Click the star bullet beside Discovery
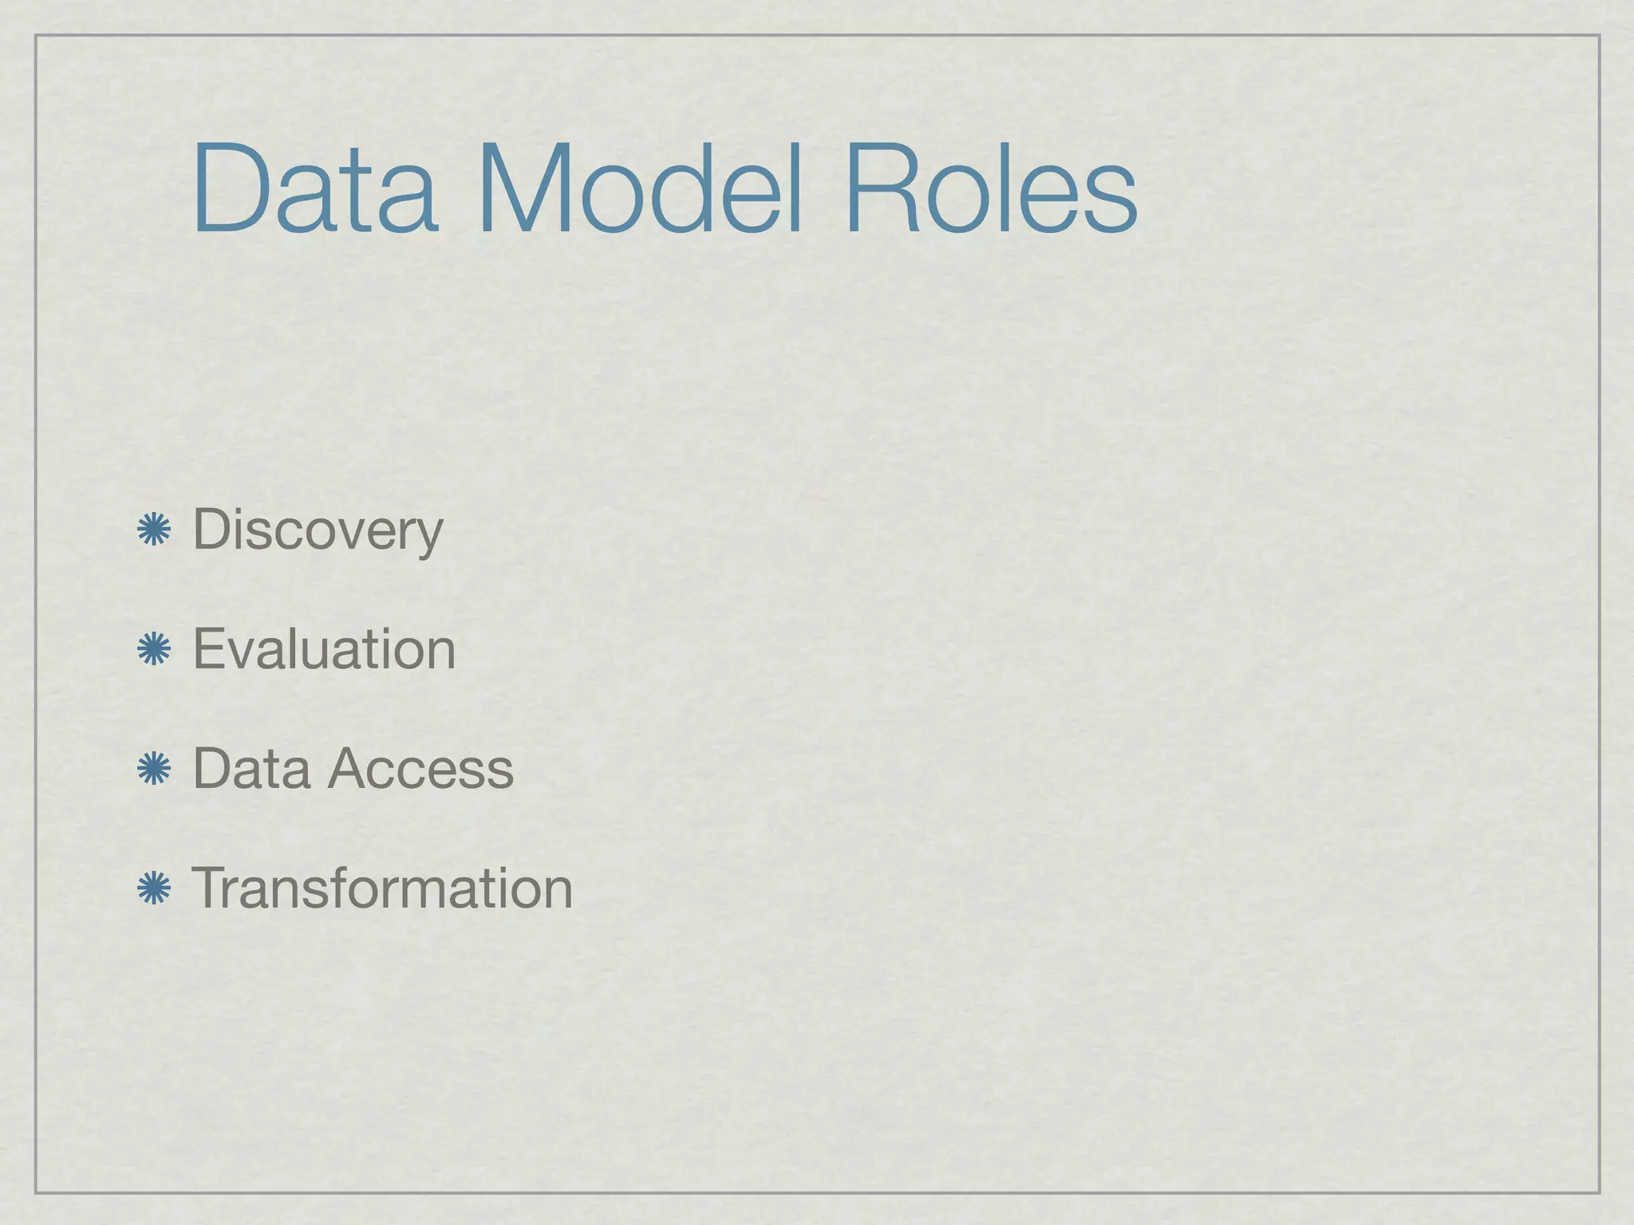pos(154,530)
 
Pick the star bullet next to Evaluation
pos(154,650)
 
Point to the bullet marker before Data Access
pos(154,770)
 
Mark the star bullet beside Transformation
pos(154,889)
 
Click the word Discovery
pos(318,530)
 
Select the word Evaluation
pos(324,650)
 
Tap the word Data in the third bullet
pos(251,770)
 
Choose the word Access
pos(420,770)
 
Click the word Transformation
pos(383,889)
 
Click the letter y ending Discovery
pos(428,536)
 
